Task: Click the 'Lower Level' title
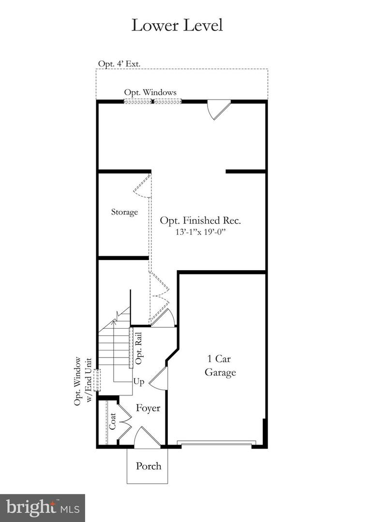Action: (x=177, y=25)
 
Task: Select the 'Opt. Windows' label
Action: (x=150, y=92)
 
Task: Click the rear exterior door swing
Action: (x=217, y=110)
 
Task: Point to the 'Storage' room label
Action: (x=124, y=212)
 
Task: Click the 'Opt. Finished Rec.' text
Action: (x=201, y=220)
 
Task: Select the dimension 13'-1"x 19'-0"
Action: (x=201, y=232)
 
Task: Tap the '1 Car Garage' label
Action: (x=220, y=365)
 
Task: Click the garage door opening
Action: (x=216, y=443)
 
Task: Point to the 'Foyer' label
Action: (x=148, y=408)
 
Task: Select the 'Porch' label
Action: (x=148, y=466)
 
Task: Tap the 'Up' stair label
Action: (x=139, y=382)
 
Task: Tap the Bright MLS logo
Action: (x=43, y=507)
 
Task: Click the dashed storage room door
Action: (x=142, y=187)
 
